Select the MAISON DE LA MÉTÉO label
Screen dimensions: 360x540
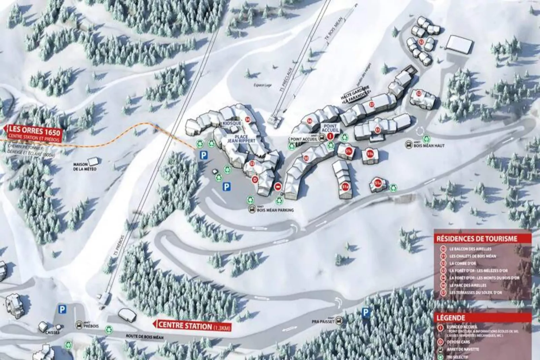85,167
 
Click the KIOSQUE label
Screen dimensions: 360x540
232,123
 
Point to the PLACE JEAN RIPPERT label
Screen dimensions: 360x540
241,139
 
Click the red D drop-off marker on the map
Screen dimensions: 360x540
255,180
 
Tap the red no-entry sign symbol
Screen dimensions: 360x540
278,187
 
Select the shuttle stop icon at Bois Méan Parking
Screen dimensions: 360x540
252,210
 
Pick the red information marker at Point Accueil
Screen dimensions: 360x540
330,136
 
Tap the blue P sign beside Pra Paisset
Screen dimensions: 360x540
365,313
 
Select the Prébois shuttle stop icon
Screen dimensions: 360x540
79,325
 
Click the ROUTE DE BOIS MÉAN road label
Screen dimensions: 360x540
145,336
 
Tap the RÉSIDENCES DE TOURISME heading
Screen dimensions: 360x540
477,239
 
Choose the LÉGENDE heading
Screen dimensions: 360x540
451,318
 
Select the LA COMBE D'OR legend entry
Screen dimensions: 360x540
463,263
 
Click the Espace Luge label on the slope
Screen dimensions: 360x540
262,85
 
